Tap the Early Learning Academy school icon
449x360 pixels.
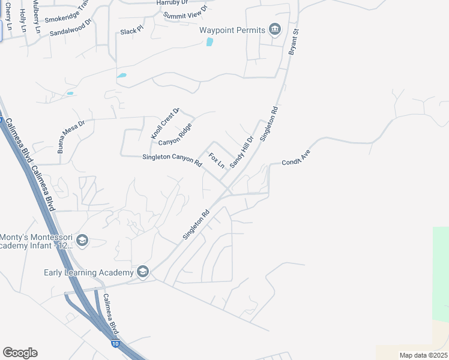click(x=142, y=272)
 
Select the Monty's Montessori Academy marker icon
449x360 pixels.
click(x=82, y=241)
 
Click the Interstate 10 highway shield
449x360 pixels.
click(x=115, y=344)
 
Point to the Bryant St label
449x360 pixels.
click(x=294, y=41)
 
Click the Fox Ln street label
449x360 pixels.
click(x=216, y=160)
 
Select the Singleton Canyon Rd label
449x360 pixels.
click(x=172, y=159)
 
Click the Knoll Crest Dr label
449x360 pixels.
click(x=166, y=124)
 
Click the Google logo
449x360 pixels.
click(x=20, y=353)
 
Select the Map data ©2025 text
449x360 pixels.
click(x=423, y=355)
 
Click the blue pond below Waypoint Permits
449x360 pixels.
click(x=209, y=42)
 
